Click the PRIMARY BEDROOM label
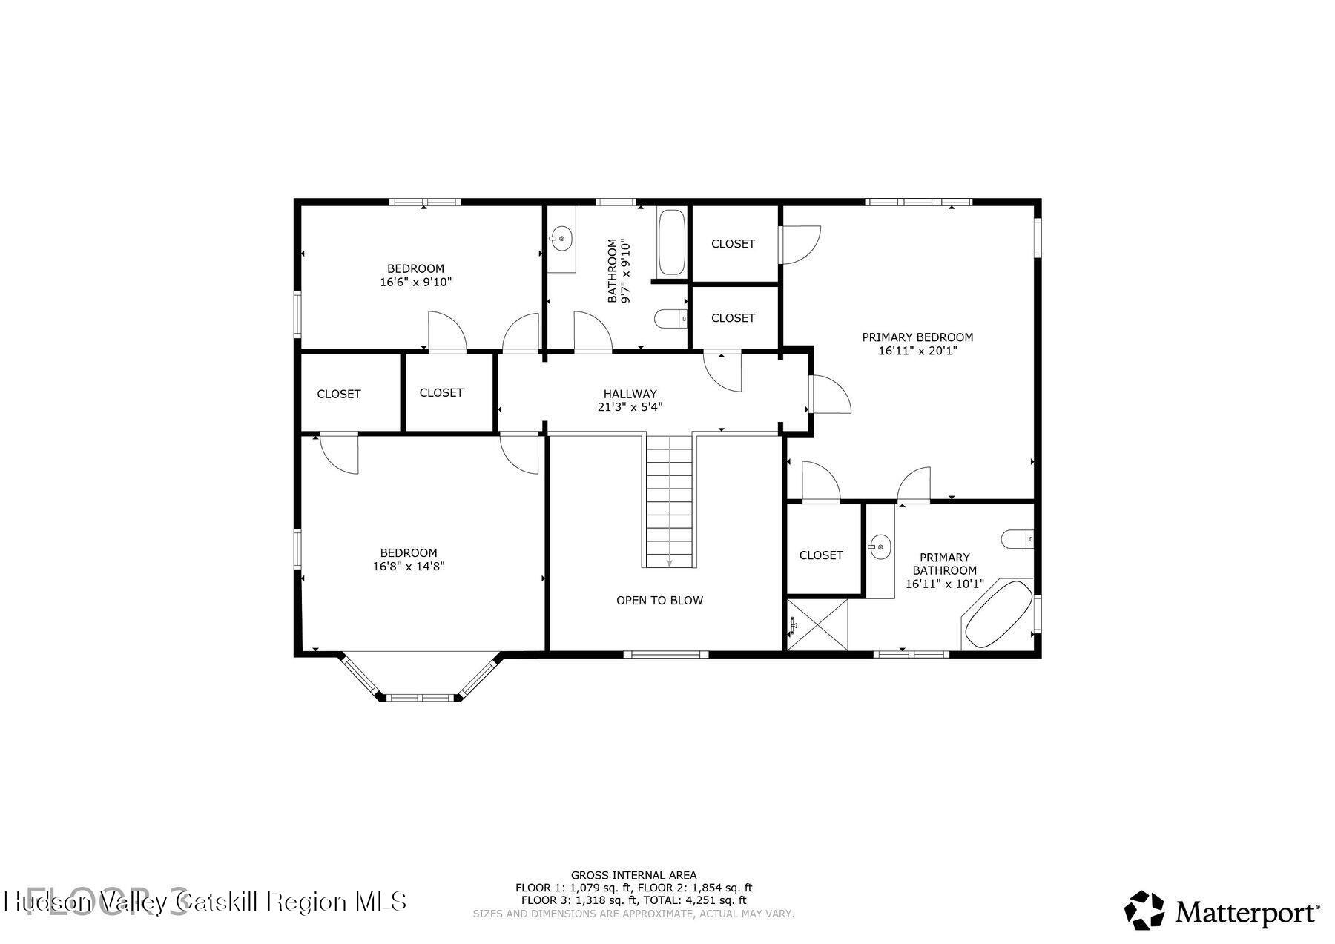click(917, 337)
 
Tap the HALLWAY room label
click(630, 394)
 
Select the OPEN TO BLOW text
click(659, 600)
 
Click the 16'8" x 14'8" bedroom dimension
click(409, 567)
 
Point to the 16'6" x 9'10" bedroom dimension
click(415, 283)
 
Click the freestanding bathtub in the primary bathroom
click(998, 614)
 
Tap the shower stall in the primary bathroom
click(817, 624)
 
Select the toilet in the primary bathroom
click(1017, 538)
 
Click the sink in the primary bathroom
click(880, 548)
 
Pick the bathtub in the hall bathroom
click(672, 242)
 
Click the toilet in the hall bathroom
click(671, 319)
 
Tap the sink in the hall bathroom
click(561, 239)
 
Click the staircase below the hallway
click(670, 501)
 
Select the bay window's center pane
click(420, 697)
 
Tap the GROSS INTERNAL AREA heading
click(633, 875)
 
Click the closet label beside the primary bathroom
click(821, 555)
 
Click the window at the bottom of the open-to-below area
click(665, 654)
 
